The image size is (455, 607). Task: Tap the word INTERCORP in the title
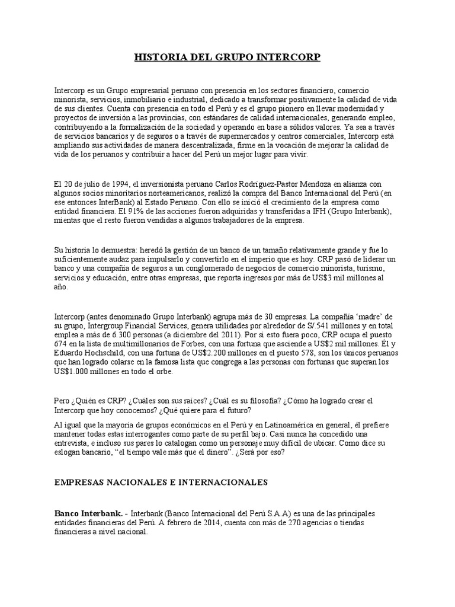click(290, 57)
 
